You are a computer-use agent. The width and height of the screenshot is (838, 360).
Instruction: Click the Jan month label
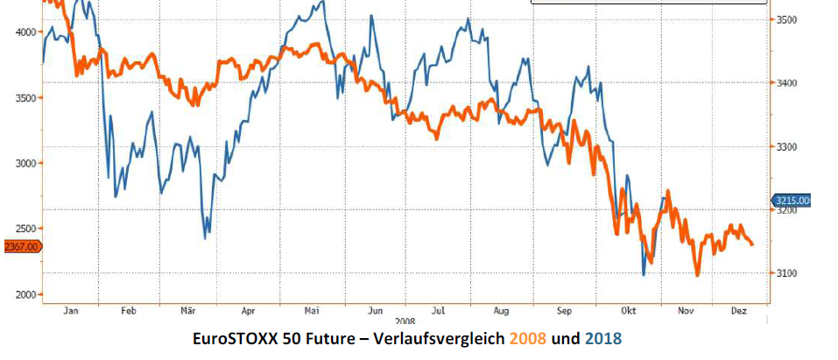tap(71, 311)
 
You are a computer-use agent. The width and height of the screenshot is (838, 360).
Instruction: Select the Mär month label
tap(187, 311)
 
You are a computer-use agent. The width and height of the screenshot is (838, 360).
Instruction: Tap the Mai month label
tap(311, 311)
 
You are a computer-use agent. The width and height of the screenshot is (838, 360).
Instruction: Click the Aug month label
tap(502, 311)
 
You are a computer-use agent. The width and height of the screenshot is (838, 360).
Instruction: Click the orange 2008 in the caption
tap(526, 339)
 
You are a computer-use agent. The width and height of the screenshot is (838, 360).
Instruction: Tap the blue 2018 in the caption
tap(603, 339)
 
